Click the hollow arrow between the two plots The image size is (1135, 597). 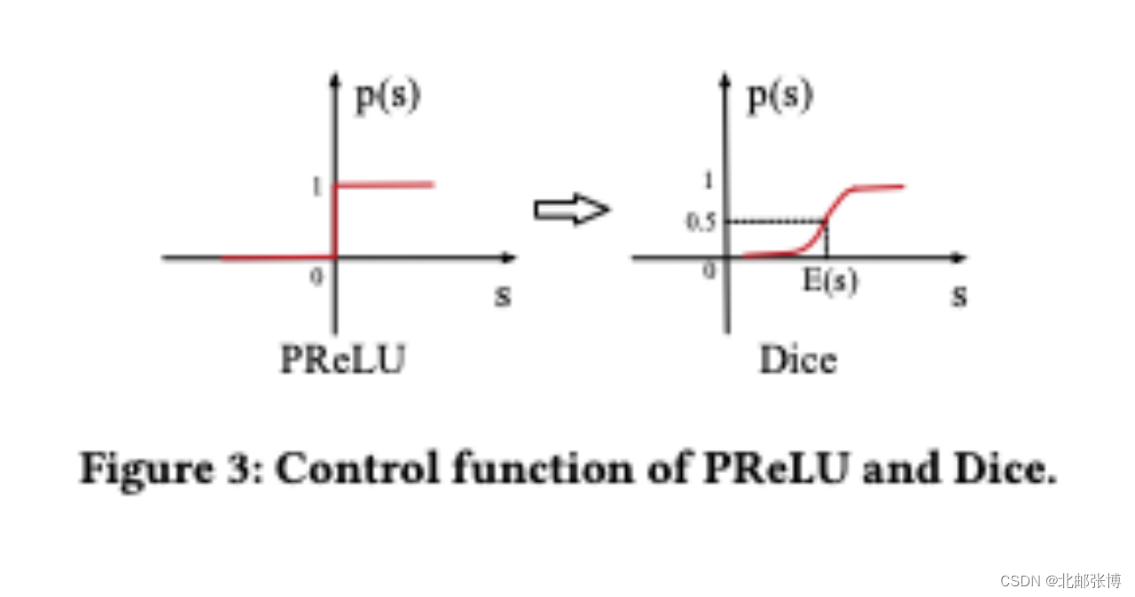(571, 209)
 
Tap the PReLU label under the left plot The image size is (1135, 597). (342, 360)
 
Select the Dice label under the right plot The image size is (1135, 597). (797, 360)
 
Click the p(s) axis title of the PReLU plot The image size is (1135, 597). (387, 96)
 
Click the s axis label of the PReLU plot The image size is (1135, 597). (503, 295)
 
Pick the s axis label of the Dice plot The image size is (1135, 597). (959, 295)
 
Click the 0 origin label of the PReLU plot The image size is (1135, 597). (317, 277)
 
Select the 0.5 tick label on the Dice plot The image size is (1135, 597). (701, 222)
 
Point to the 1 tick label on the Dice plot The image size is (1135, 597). (708, 181)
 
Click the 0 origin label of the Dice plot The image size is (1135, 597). (708, 271)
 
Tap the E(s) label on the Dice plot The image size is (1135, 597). (831, 282)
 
